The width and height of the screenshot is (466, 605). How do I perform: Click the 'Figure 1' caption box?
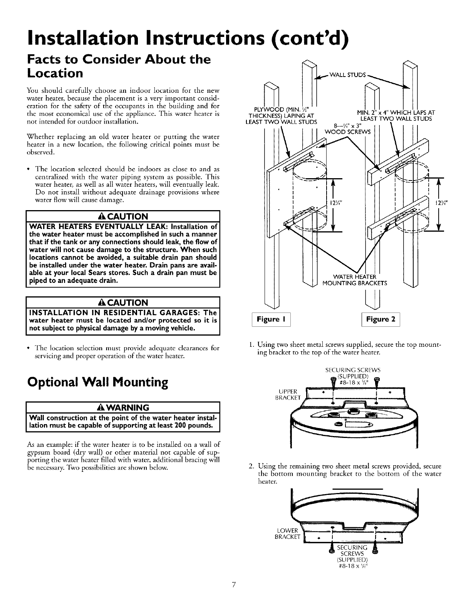(271, 319)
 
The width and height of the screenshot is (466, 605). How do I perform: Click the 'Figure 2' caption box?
(378, 319)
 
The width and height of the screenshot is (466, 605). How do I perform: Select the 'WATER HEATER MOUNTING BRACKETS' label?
(354, 280)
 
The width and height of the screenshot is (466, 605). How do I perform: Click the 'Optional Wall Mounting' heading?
(97, 382)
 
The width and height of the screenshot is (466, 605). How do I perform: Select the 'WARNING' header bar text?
(123, 407)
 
